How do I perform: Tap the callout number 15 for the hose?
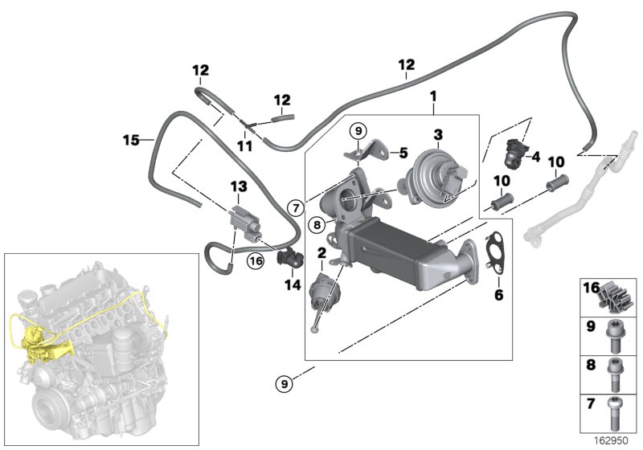[x=131, y=141]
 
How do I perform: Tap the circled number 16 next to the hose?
[x=256, y=260]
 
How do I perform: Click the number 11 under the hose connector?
[x=244, y=147]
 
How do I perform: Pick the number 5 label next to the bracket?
[x=403, y=150]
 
